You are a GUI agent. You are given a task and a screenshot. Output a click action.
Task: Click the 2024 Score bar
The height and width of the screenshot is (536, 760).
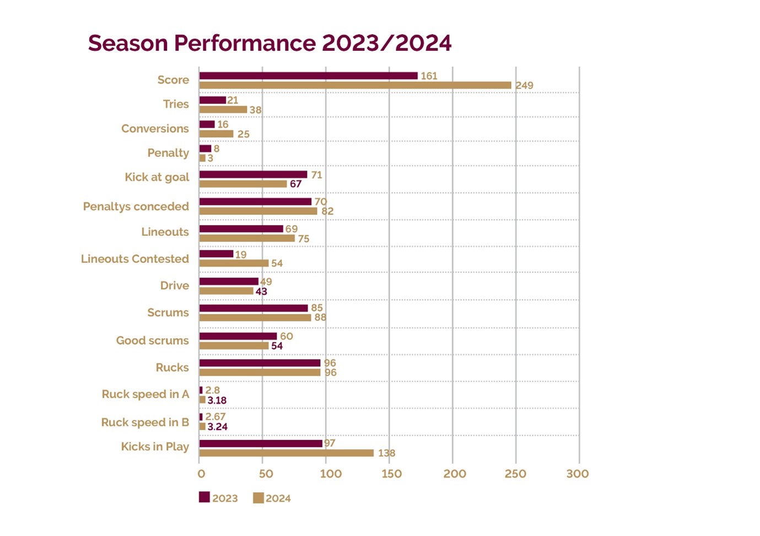pos(355,85)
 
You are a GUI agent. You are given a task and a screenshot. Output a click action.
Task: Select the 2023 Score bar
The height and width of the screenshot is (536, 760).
pos(308,76)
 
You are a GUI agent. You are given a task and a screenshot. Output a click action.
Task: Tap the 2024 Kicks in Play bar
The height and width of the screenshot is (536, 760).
pos(286,453)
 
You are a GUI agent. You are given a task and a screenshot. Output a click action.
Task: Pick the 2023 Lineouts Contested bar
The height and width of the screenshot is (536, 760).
pos(216,254)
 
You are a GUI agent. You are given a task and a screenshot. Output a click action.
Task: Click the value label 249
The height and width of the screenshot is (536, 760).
pos(524,85)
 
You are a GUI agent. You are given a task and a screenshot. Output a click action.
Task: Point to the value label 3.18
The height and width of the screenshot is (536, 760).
pos(217,400)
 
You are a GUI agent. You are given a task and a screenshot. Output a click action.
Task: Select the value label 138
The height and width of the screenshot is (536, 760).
pos(386,453)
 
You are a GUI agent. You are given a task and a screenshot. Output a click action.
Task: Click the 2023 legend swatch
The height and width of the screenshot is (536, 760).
pos(204,497)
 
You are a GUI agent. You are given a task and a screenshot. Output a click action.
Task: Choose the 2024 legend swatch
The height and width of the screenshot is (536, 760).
pos(258,498)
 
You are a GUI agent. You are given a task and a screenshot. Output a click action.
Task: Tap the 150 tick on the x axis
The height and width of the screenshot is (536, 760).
pos(391,474)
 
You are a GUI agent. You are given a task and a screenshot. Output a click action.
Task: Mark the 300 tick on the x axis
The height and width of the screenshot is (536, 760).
pos(578,474)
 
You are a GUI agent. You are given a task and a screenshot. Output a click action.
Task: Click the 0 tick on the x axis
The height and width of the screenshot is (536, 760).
pos(201,474)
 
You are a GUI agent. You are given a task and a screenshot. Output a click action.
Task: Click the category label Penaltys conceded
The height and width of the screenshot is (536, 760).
pos(136,206)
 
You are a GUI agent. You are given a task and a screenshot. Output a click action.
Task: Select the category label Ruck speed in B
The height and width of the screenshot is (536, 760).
pos(145,422)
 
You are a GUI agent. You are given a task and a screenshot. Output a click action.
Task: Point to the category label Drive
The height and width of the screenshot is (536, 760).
pos(174,286)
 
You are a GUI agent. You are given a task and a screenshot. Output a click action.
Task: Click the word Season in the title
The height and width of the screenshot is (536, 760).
pos(128,43)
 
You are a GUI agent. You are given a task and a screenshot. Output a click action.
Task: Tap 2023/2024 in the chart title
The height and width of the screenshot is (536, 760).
pos(386,43)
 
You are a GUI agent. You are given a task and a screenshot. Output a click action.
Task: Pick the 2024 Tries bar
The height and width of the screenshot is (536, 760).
pos(223,109)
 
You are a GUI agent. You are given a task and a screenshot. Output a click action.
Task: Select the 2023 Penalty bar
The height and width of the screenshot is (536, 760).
pos(205,148)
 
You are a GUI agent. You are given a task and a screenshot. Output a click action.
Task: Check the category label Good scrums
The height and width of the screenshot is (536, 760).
pos(152,341)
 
